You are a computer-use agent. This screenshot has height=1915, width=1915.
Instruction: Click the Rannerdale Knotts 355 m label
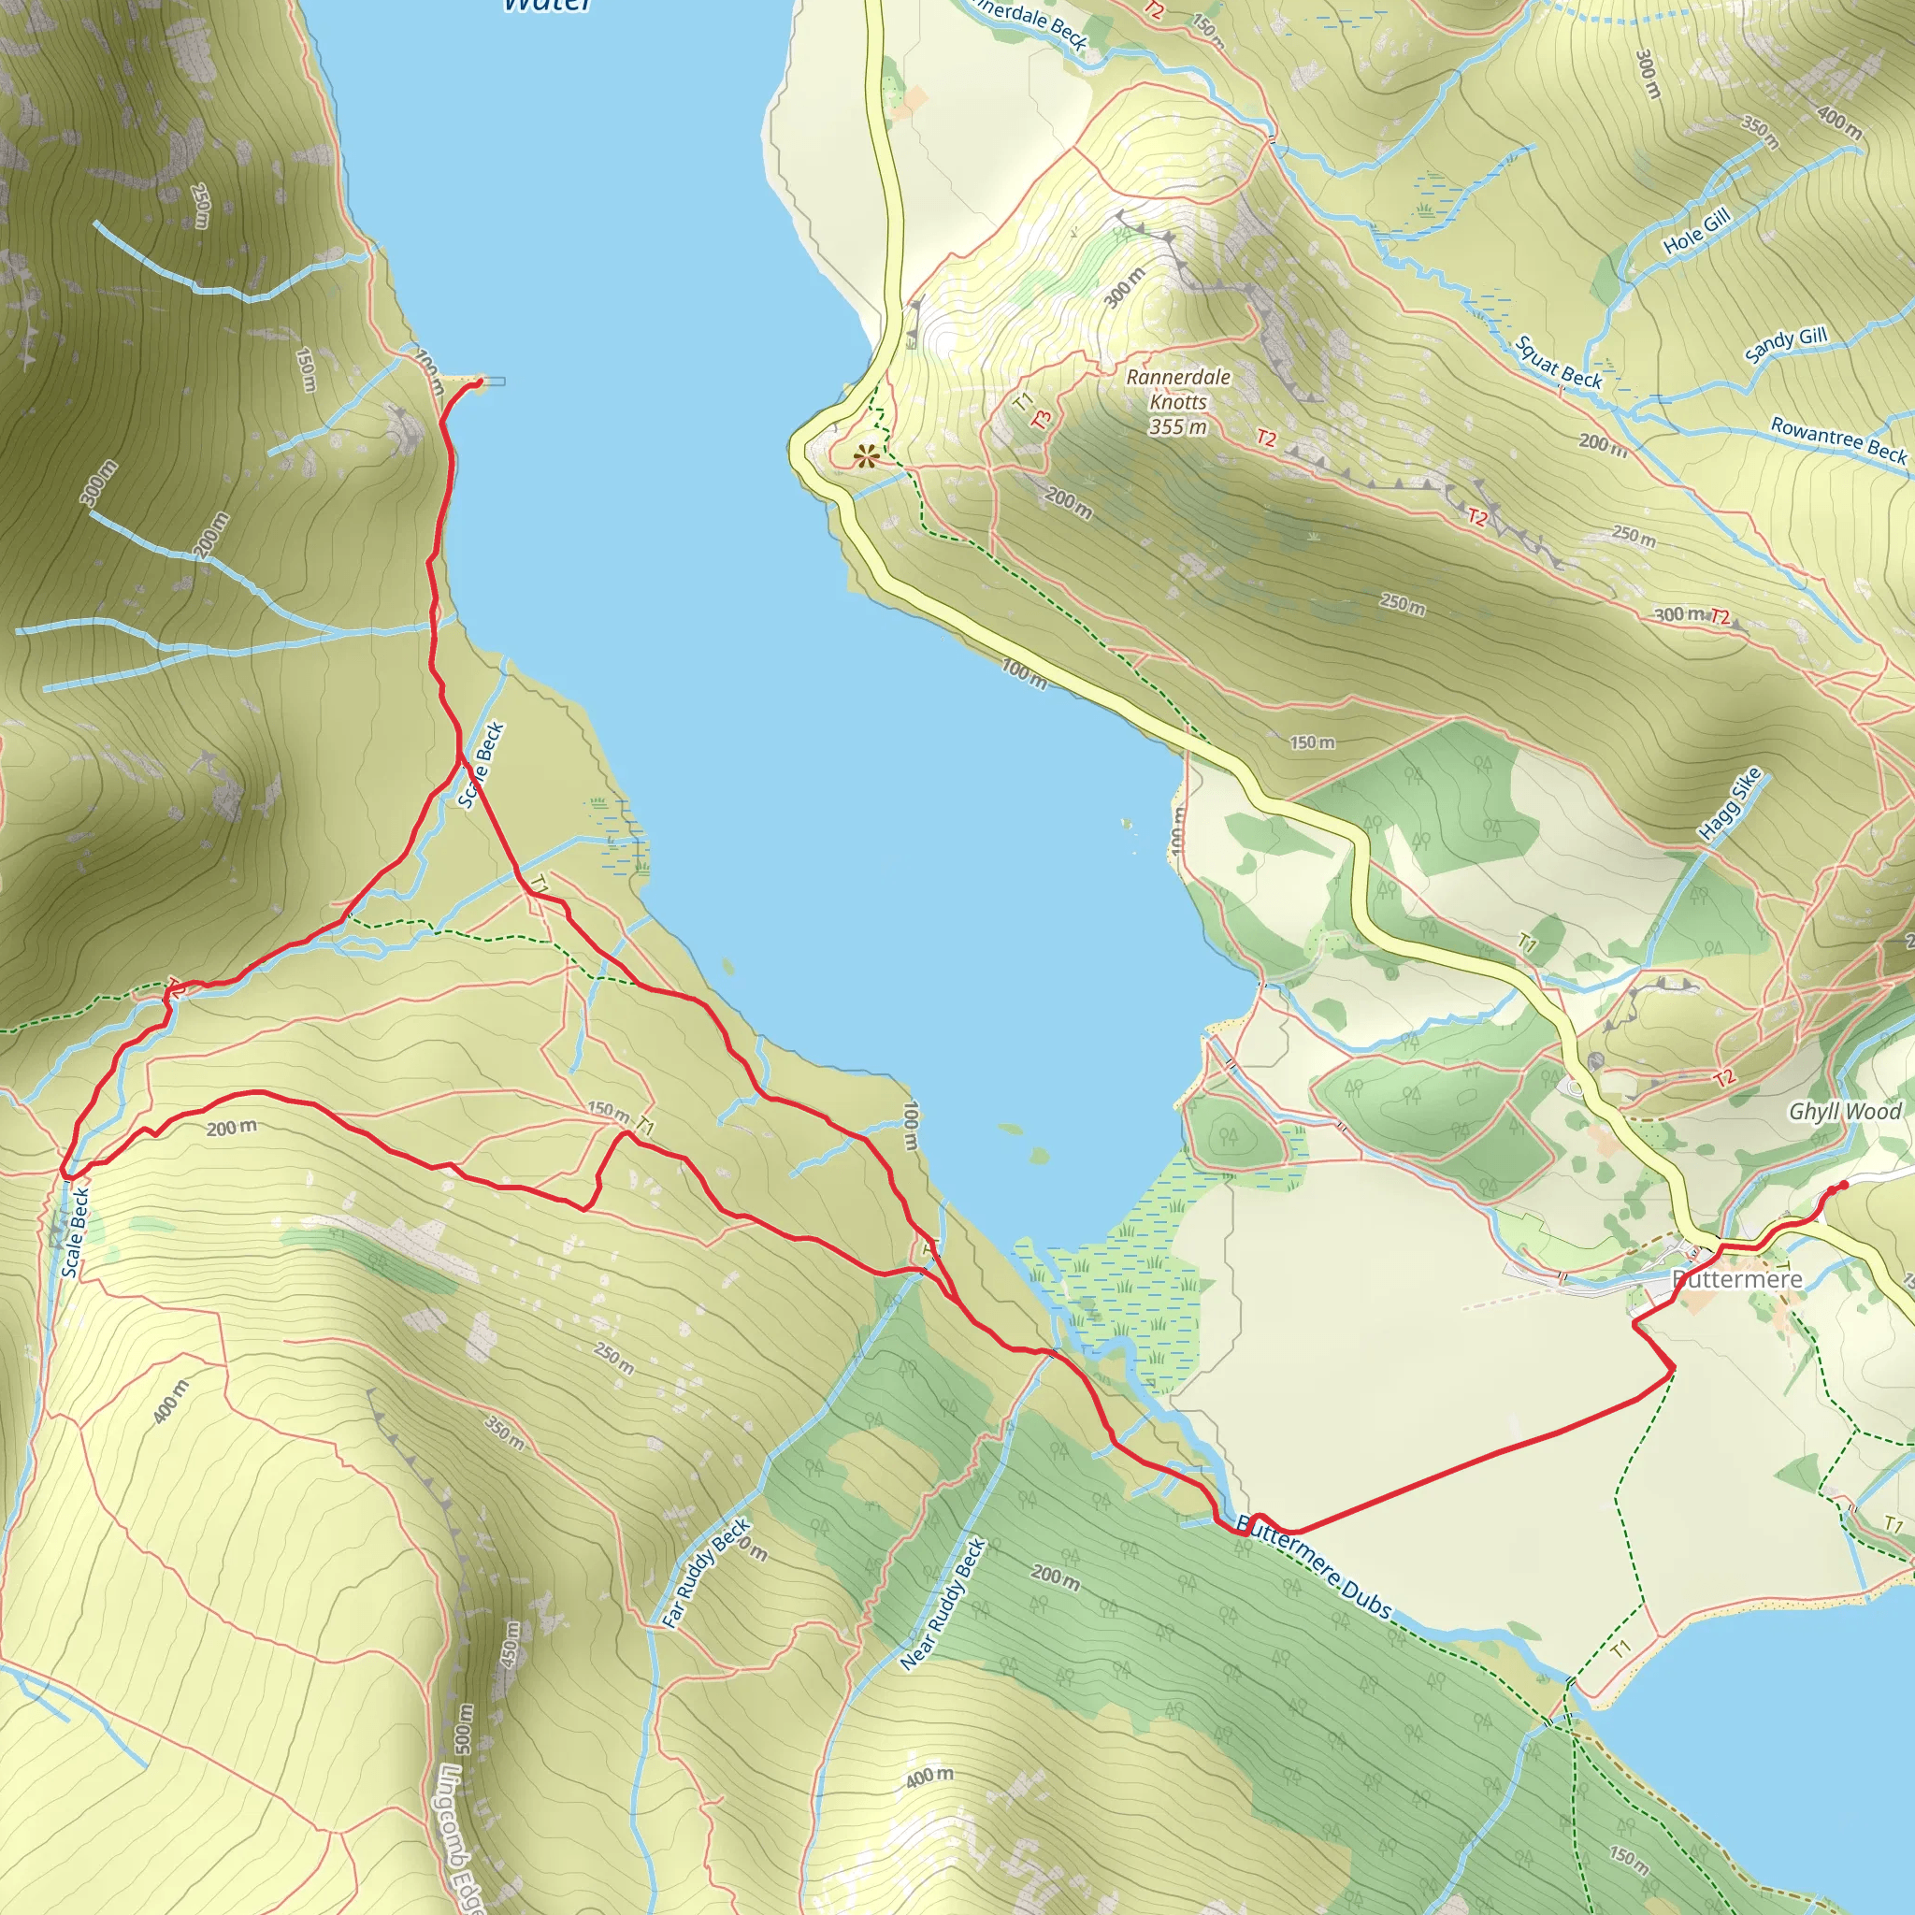(x=1178, y=401)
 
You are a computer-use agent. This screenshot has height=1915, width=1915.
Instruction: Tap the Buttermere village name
(x=1736, y=1278)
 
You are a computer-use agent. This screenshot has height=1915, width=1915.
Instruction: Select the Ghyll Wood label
(x=1845, y=1111)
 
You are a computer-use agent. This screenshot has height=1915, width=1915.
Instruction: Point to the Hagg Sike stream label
(x=1730, y=804)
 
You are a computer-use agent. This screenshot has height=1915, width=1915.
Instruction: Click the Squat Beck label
(x=1558, y=362)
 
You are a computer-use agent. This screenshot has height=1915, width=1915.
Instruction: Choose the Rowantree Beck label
(x=1838, y=439)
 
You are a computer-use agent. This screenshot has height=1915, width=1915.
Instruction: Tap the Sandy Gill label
(x=1785, y=344)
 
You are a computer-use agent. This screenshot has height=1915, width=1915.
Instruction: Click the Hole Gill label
(x=1697, y=230)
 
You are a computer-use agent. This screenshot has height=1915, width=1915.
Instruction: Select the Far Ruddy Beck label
(x=707, y=1574)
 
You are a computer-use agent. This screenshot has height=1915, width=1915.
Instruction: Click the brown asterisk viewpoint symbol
(x=866, y=457)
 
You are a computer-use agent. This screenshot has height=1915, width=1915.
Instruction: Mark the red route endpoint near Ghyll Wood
(x=1844, y=1186)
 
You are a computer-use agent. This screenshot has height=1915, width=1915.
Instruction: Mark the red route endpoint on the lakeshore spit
(x=480, y=381)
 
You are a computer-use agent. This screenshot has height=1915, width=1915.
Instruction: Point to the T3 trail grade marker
(x=1041, y=419)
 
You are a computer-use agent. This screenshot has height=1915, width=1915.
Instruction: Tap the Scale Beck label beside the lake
(x=482, y=765)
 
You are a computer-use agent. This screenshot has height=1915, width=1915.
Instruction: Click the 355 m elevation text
(x=1178, y=427)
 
